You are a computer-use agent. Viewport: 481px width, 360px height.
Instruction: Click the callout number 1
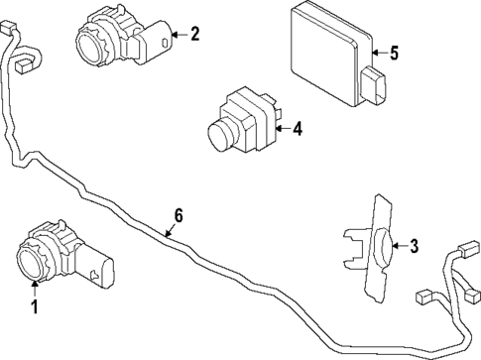coord(34,307)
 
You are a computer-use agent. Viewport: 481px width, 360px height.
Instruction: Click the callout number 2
coord(194,35)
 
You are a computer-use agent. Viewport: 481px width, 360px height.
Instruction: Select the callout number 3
coord(415,246)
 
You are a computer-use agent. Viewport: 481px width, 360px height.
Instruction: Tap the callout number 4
coord(297,127)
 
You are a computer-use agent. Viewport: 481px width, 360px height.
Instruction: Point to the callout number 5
coord(394,53)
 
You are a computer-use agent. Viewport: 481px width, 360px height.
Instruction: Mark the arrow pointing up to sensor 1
coord(34,288)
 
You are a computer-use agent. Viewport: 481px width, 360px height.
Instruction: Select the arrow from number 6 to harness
coord(169,231)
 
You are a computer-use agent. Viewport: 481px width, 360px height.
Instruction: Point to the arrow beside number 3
coord(401,246)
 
